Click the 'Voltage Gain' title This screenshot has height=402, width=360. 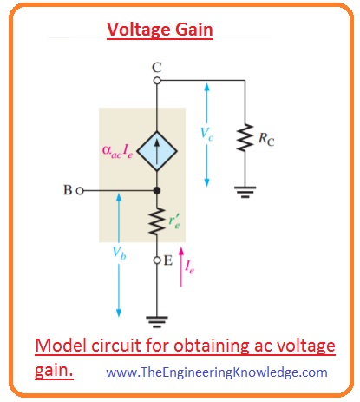tap(160, 30)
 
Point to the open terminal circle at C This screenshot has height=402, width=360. tap(157, 81)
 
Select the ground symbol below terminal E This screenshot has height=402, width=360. tap(157, 318)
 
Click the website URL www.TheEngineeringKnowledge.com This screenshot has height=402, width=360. tap(218, 372)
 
